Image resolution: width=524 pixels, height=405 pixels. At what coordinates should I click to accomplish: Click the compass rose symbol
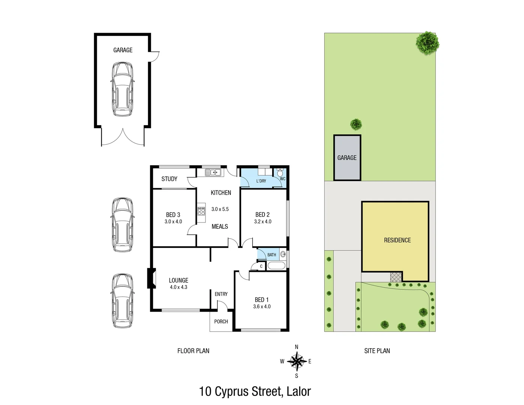(296, 361)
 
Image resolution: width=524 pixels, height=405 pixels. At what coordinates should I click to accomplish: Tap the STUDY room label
(169, 179)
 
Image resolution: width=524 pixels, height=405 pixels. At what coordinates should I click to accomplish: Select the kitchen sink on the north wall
(213, 172)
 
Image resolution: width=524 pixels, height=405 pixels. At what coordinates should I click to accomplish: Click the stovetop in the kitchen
(202, 211)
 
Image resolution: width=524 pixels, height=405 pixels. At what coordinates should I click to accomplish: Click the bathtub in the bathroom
(277, 266)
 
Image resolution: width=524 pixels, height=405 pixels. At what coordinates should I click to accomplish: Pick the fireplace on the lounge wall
(151, 278)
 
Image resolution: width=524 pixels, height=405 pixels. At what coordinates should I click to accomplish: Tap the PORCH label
(221, 321)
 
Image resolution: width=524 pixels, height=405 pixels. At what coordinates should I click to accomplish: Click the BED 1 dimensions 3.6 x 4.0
(262, 306)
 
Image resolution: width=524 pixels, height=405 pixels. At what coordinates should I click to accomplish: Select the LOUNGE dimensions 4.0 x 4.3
(178, 287)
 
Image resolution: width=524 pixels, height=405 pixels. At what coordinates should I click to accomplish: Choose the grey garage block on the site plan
(347, 157)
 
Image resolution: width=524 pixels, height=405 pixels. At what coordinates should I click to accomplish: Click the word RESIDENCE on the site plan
(397, 240)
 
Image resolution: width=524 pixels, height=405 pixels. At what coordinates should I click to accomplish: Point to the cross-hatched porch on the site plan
(395, 277)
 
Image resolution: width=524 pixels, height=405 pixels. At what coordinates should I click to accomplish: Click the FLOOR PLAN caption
(193, 351)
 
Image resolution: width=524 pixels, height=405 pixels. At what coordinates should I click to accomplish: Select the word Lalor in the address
(299, 391)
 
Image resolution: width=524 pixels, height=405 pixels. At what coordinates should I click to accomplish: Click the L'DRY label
(261, 181)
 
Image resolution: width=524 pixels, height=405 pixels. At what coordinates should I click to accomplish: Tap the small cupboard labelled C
(261, 267)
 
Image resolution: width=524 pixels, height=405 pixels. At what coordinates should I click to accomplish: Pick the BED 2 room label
(262, 214)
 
